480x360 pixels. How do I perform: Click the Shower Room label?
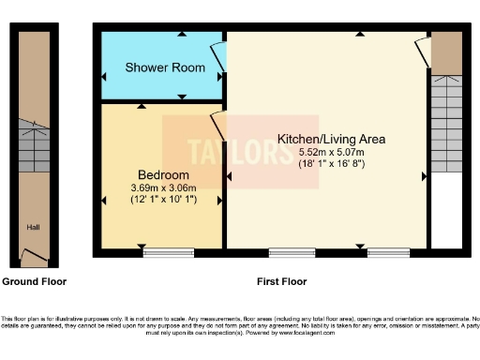pyautogui.click(x=165, y=67)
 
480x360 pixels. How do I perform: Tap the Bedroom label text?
pyautogui.click(x=163, y=175)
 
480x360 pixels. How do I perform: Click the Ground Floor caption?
pyautogui.click(x=34, y=281)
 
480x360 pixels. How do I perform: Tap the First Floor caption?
pyautogui.click(x=281, y=281)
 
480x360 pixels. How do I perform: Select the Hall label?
pyautogui.click(x=33, y=226)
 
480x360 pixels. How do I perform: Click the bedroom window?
pyautogui.click(x=168, y=251)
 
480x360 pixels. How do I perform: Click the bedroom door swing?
pyautogui.click(x=217, y=125)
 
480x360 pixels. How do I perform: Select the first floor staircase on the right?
pyautogui.click(x=447, y=122)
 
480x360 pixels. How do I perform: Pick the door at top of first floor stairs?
pyautogui.click(x=424, y=52)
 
